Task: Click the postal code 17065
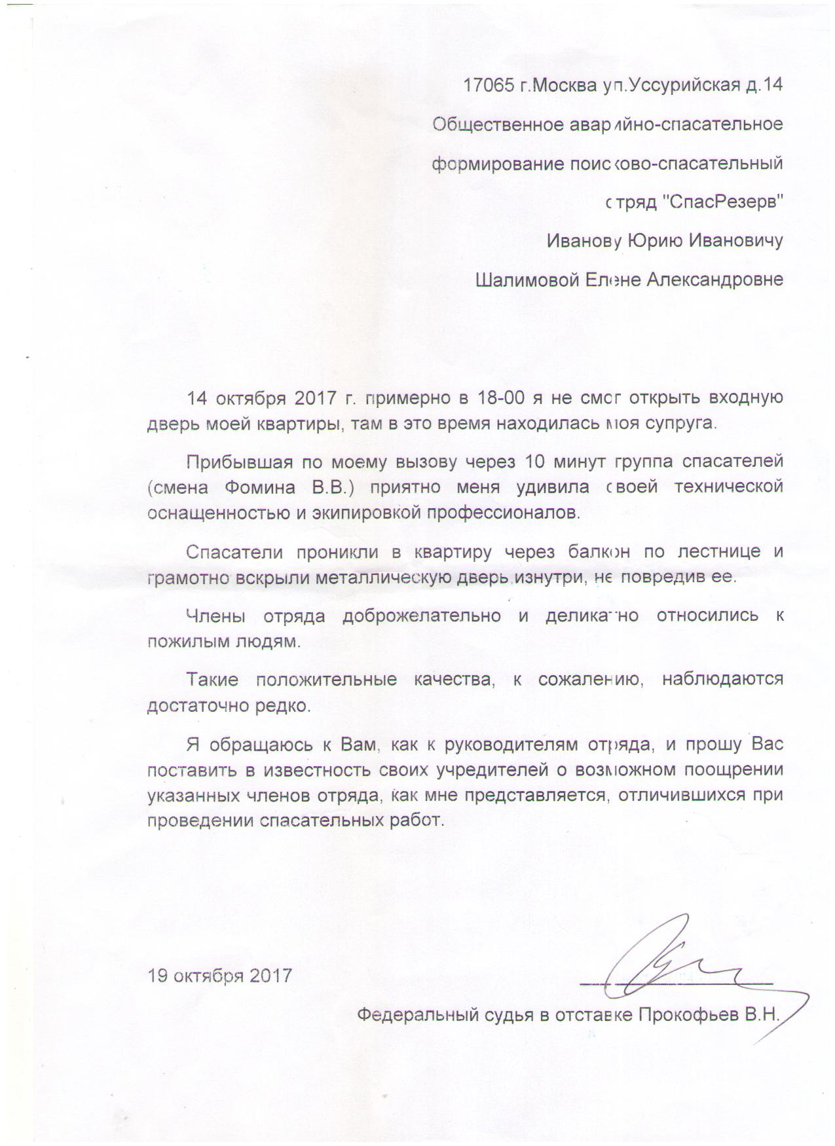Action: [x=489, y=86]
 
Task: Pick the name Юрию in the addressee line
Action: [x=656, y=241]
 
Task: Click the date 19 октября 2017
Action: [x=220, y=976]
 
